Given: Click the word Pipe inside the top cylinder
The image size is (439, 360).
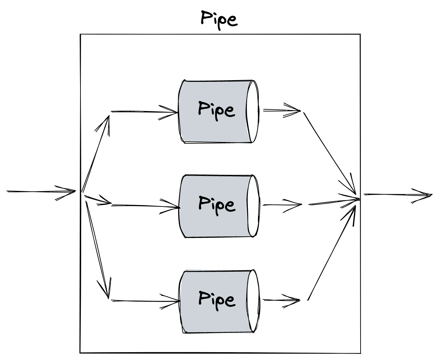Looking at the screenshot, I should (x=216, y=110).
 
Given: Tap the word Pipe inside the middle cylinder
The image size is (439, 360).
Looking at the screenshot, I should (x=216, y=204).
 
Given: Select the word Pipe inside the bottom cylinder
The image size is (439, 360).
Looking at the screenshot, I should (x=216, y=299).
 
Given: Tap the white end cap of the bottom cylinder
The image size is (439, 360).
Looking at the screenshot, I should (x=253, y=301).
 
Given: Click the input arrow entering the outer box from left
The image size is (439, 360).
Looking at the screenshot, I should (x=41, y=192).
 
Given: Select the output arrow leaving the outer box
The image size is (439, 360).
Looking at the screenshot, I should (x=397, y=195).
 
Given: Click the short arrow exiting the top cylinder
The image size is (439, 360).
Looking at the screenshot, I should (x=281, y=110).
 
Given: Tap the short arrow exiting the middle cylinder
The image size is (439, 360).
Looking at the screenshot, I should (x=282, y=205).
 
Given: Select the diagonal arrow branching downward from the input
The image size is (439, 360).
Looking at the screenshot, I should (x=97, y=248).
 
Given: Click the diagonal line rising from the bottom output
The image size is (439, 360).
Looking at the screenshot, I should (x=331, y=253).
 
